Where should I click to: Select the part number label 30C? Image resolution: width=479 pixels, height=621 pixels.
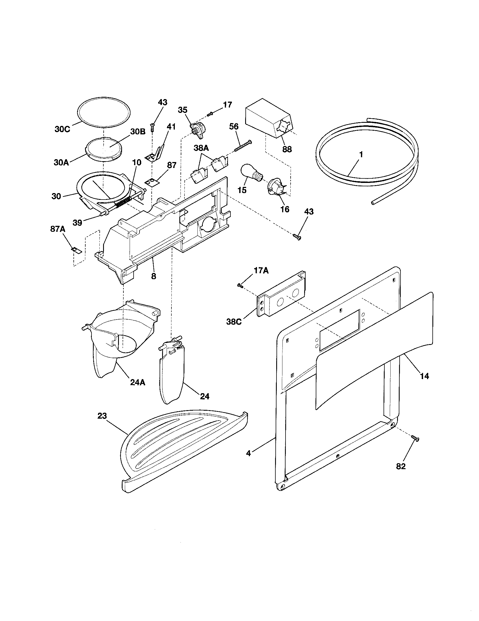[62, 129]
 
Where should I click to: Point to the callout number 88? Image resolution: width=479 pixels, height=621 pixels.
[287, 149]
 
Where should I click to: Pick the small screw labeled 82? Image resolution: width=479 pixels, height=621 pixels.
[415, 439]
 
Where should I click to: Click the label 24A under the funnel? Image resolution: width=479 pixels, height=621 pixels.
[138, 382]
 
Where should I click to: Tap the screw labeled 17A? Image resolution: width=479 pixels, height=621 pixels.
[239, 285]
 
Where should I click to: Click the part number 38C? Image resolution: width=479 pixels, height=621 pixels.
[234, 322]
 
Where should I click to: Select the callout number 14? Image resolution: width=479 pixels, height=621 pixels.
[424, 376]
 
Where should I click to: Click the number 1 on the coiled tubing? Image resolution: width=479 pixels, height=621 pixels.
[361, 155]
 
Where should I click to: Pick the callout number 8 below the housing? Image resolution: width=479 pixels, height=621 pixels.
[154, 276]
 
